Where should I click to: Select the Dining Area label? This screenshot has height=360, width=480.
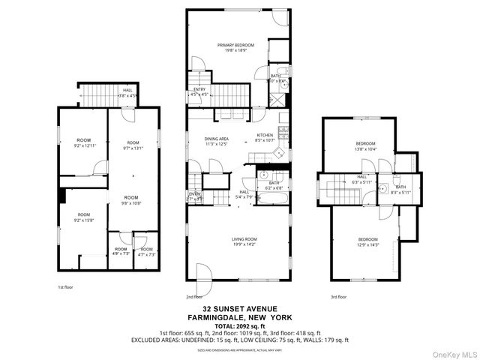pyautogui.click(x=217, y=141)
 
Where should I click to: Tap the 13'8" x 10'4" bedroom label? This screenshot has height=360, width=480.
pyautogui.click(x=365, y=146)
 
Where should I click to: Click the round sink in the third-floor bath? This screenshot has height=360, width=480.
pyautogui.click(x=383, y=188)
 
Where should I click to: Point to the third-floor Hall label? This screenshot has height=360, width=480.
pyautogui.click(x=361, y=179)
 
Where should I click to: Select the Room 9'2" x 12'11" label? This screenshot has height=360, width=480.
pyautogui.click(x=83, y=143)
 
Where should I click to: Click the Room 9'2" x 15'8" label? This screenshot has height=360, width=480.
pyautogui.click(x=83, y=217)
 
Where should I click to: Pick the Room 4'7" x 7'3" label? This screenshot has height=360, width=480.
pyautogui.click(x=146, y=251)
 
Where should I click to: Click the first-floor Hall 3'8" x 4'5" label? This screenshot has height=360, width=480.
pyautogui.click(x=127, y=93)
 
